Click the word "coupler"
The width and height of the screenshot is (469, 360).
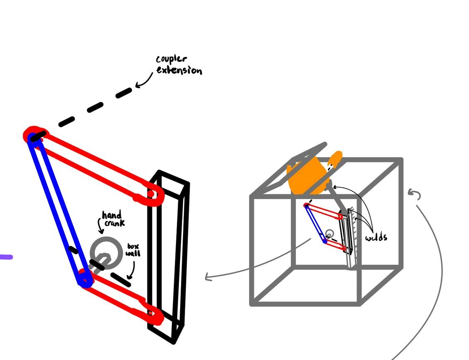(x=171, y=59)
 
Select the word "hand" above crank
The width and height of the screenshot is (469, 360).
(x=112, y=215)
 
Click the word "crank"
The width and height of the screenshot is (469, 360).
(x=115, y=223)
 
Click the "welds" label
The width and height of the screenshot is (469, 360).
(x=376, y=238)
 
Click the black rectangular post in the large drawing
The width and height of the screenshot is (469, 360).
(x=168, y=257)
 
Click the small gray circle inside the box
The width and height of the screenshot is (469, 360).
(x=329, y=234)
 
